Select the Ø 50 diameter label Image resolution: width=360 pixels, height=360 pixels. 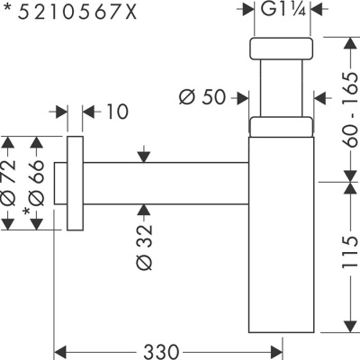[202, 96]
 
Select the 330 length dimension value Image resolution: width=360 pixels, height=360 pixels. [169, 349]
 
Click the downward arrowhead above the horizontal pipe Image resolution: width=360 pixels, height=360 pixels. [142, 157]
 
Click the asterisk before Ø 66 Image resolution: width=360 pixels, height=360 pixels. [28, 213]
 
